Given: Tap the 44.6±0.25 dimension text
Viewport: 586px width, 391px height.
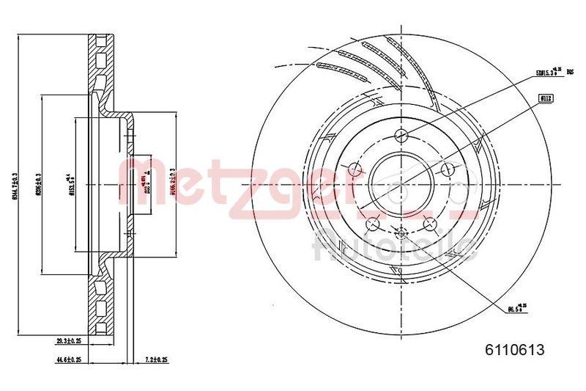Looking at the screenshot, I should click(72, 360).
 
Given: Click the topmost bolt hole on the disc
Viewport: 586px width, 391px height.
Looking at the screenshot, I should click(401, 134).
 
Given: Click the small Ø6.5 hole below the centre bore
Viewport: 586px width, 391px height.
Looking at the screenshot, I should click(401, 233).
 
